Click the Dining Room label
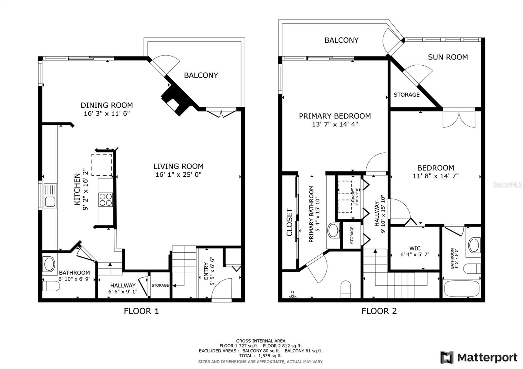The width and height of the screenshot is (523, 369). [107, 105]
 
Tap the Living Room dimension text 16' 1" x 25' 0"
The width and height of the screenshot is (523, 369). [178, 175]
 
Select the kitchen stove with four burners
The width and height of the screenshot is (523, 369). [106, 200]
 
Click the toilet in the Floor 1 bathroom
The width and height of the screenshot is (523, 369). [51, 286]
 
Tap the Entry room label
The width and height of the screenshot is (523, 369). [206, 271]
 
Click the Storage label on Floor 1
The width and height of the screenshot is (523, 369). [160, 285]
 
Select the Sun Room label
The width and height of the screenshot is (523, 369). [447, 57]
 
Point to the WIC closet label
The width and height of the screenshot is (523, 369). [415, 248]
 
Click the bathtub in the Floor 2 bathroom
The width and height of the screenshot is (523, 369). [462, 288]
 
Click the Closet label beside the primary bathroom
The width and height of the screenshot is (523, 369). [290, 222]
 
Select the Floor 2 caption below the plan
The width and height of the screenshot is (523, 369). [379, 311]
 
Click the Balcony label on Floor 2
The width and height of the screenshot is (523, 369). [341, 40]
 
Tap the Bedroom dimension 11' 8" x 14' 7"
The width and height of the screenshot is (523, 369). [435, 176]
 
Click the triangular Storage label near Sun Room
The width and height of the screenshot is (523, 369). [406, 95]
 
